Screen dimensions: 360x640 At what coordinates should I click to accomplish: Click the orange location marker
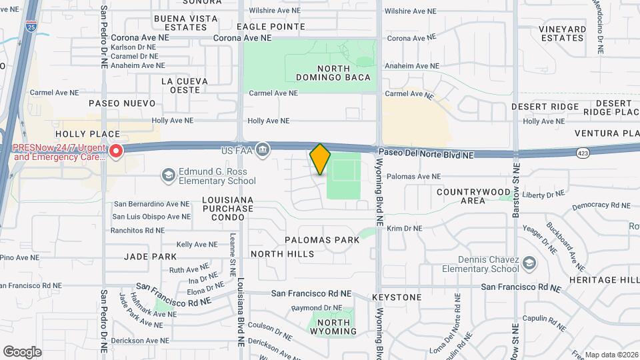tap(320, 159)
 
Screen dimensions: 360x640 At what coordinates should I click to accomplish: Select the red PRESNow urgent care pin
tap(116, 152)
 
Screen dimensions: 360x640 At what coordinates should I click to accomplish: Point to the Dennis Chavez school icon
tap(529, 263)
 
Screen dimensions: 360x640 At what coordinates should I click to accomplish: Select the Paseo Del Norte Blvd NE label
tap(427, 154)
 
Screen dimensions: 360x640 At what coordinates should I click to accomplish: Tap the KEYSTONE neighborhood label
tap(397, 297)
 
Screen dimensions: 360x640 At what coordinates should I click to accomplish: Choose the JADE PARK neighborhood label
tap(150, 257)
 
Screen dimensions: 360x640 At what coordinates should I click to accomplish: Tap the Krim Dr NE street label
tap(405, 229)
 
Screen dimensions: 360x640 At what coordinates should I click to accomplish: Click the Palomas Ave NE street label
tap(414, 177)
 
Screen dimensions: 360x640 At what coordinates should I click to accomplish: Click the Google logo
tap(22, 351)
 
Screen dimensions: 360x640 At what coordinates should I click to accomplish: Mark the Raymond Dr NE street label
tap(317, 308)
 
